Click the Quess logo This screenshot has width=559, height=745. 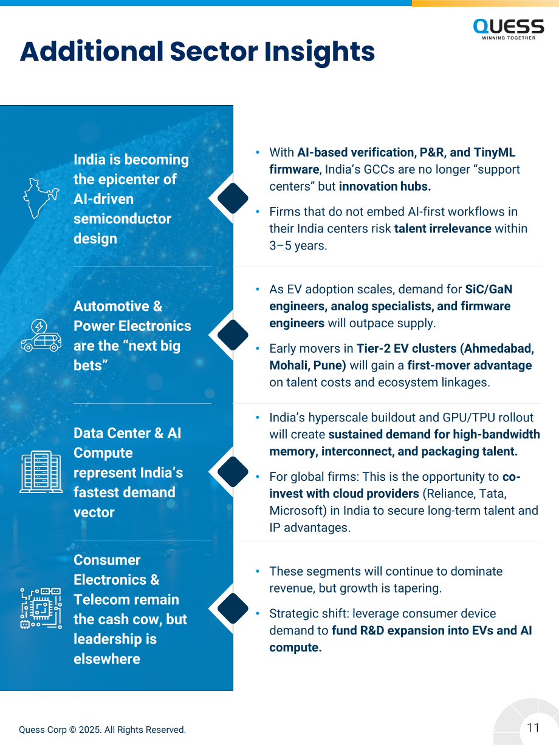coord(509,29)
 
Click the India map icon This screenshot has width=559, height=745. coord(41,198)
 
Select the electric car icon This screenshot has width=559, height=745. coord(41,335)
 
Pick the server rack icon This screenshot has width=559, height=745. coord(41,472)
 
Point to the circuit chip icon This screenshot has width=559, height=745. coord(41,608)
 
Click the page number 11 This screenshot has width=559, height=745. coord(533,727)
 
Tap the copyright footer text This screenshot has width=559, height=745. coord(102,729)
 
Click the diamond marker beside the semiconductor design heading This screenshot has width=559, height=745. coord(233,198)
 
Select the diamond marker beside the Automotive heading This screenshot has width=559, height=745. coord(233,335)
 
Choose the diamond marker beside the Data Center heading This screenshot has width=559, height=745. coord(233,472)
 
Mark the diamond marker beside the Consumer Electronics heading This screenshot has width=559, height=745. coord(233,608)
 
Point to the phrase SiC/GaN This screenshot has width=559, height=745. coord(489,289)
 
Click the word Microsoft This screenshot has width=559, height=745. coord(295,511)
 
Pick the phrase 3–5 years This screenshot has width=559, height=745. coord(298,245)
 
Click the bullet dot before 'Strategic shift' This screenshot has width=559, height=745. coord(258,613)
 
